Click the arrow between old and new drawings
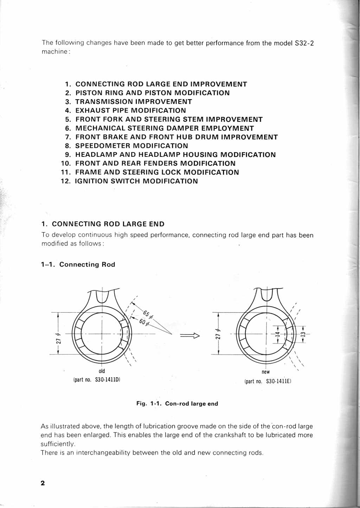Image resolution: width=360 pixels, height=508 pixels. pyautogui.click(x=190, y=336)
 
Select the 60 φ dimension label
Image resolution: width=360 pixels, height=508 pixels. pyautogui.click(x=144, y=322)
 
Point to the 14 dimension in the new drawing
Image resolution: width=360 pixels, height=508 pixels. pyautogui.click(x=277, y=334)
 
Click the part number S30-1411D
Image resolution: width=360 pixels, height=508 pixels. pyautogui.click(x=108, y=380)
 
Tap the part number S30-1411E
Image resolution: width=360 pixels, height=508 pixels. pyautogui.click(x=278, y=381)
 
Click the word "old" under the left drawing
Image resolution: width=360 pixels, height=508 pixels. pyautogui.click(x=102, y=371)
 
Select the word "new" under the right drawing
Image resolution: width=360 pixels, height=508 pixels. pyautogui.click(x=266, y=372)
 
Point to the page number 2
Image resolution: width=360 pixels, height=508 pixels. pyautogui.click(x=43, y=483)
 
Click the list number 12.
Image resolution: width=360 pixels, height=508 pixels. pyautogui.click(x=65, y=181)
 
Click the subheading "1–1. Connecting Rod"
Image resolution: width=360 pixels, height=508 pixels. pyautogui.click(x=78, y=264)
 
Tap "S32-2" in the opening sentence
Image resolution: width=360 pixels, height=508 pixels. pyautogui.click(x=304, y=43)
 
